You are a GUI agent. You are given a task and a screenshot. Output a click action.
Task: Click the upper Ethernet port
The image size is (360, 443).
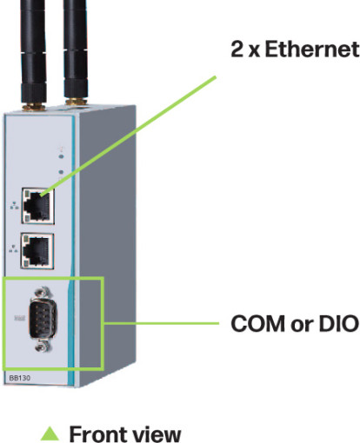coord(37,206)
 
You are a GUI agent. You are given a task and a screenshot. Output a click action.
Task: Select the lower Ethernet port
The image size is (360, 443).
coord(37,251)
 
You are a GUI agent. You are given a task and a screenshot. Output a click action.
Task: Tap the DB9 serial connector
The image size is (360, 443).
coord(43,319)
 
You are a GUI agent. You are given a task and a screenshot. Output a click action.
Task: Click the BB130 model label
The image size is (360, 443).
coord(19,378)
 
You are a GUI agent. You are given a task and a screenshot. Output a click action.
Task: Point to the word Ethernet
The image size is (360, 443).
coord(312,49)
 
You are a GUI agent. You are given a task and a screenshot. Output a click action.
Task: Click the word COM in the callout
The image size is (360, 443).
coord(257,323)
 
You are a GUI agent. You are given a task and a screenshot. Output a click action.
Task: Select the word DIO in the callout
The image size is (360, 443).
coord(338,323)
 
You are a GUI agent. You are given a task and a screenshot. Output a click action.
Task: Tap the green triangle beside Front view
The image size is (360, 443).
coord(50,433)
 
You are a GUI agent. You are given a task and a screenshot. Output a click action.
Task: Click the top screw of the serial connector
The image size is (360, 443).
coord(43,293)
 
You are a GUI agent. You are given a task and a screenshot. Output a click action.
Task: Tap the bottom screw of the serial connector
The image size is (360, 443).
coord(43,346)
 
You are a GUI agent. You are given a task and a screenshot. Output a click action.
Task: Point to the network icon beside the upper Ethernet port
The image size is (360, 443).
coord(14,205)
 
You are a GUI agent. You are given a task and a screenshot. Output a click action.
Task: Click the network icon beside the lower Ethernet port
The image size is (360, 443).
coord(13,248)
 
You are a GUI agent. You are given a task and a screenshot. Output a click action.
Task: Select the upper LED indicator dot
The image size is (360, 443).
coord(61,156)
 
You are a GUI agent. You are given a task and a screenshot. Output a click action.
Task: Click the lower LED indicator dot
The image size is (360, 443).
coord(61,172)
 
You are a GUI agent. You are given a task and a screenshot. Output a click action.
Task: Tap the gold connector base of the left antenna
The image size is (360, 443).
coord(34,107)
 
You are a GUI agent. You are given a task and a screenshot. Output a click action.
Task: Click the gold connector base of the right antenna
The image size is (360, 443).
coord(77,102)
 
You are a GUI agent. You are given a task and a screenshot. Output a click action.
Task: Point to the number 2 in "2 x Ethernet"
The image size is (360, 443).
coord(237,49)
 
